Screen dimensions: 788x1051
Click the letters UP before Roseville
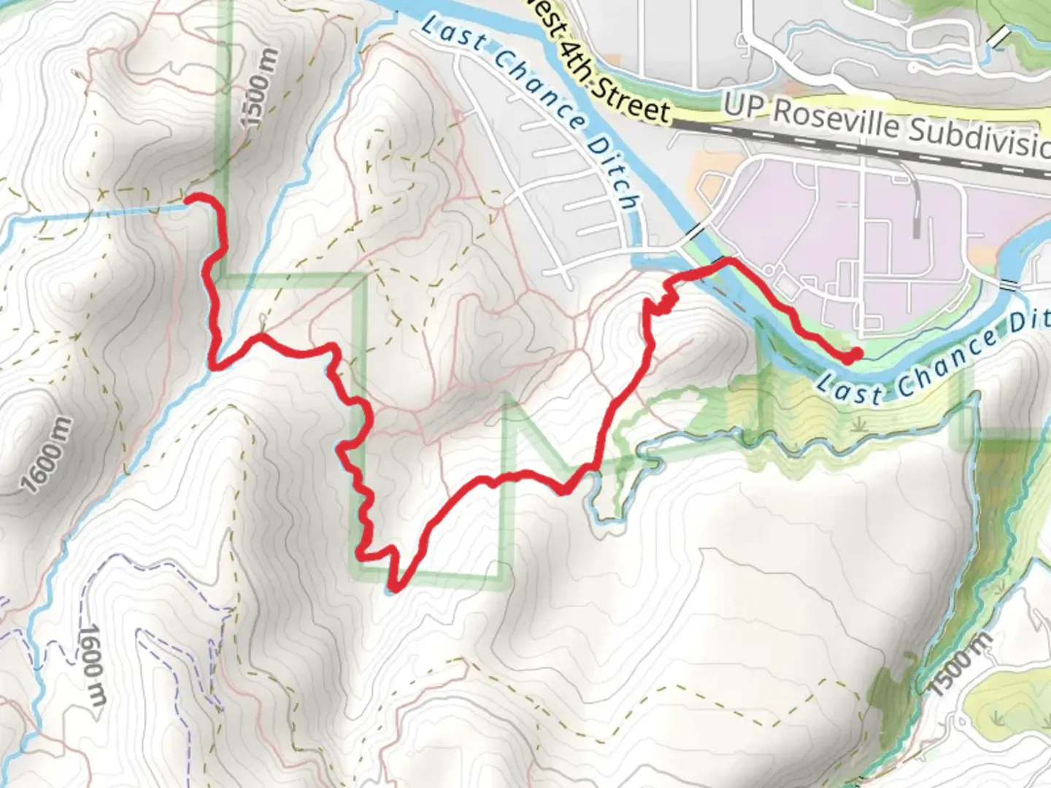click(744, 106)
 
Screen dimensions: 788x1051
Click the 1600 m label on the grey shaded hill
click(47, 455)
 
